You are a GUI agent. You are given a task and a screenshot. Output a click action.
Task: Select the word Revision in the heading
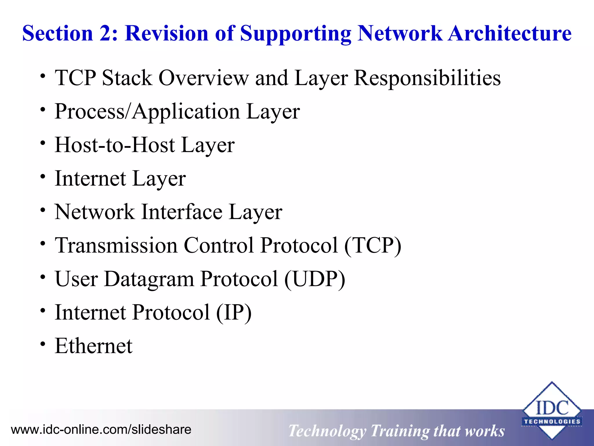(166, 33)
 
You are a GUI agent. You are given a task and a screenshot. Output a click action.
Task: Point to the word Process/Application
(147, 111)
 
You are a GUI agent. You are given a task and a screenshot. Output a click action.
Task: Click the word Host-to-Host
(115, 145)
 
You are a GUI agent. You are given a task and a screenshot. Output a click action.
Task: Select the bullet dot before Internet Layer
(43, 177)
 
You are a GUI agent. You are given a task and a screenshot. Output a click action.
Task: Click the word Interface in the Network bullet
(182, 212)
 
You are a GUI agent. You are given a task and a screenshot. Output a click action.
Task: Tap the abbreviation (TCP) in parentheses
(373, 245)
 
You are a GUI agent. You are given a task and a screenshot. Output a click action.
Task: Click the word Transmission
(116, 245)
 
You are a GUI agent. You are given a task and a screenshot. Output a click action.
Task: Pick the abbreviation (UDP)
(315, 279)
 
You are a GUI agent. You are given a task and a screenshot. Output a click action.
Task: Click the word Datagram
(149, 279)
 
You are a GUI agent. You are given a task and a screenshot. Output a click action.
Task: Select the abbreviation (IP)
(234, 312)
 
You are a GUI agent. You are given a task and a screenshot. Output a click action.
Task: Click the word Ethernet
(93, 346)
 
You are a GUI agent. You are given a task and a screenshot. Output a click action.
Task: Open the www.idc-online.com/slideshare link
(101, 429)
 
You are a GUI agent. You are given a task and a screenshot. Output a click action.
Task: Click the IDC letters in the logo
(552, 408)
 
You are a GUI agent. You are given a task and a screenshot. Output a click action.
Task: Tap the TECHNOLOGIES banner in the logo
(552, 422)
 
